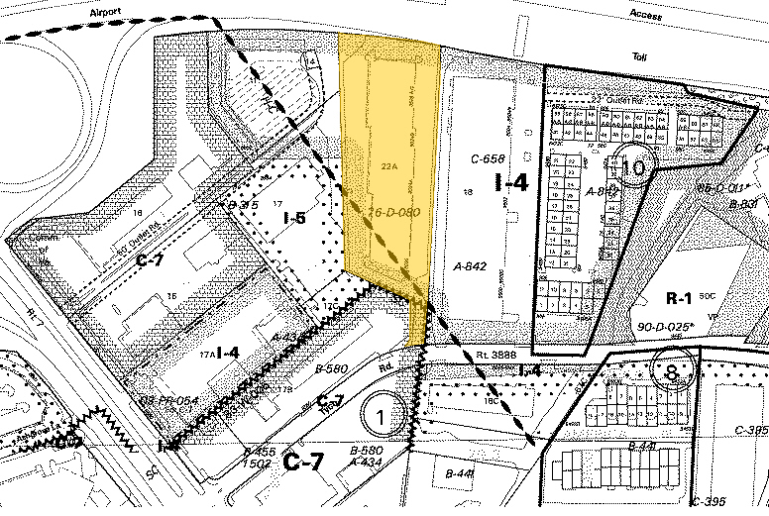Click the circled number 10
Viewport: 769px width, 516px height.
tap(634, 167)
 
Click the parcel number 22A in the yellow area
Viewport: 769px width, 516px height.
tap(387, 166)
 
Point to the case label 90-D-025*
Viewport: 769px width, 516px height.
tap(695, 325)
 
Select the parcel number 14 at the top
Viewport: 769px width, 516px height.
tap(312, 61)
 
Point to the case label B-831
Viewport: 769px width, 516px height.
tap(742, 205)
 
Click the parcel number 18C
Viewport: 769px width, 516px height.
tap(492, 401)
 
